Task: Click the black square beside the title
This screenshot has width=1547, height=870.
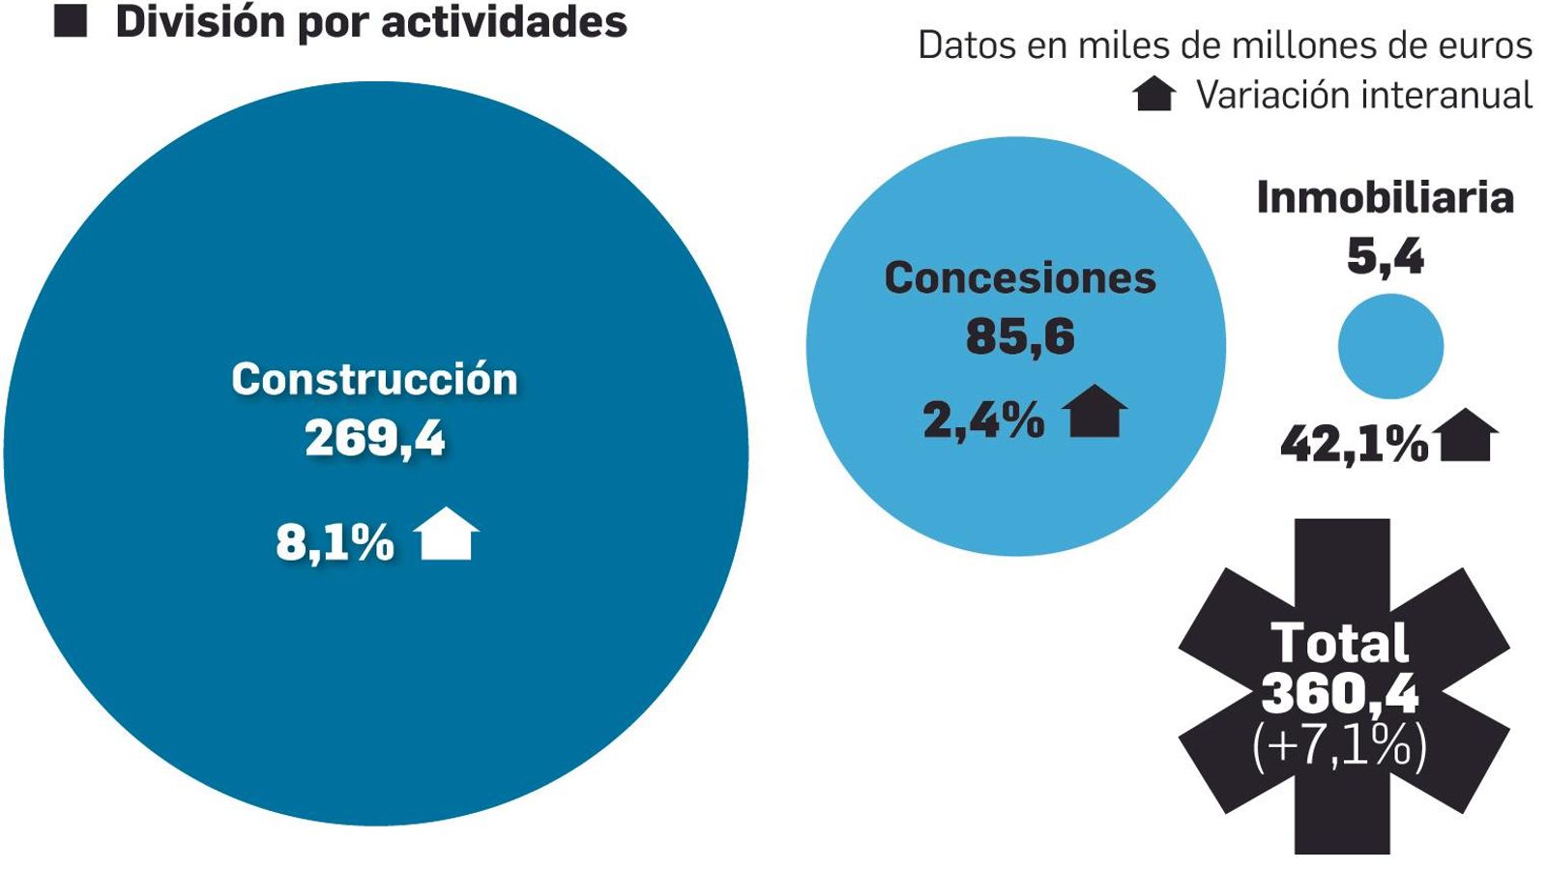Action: pyautogui.click(x=71, y=21)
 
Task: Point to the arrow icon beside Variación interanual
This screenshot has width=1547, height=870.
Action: pyautogui.click(x=1153, y=95)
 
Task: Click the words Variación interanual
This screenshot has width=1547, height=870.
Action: pyautogui.click(x=1363, y=95)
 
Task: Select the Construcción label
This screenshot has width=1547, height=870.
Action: pyautogui.click(x=374, y=379)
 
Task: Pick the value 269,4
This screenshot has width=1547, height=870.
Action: pyautogui.click(x=374, y=438)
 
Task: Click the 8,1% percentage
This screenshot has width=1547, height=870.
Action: pyautogui.click(x=335, y=542)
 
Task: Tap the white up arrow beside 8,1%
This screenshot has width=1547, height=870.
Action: pyautogui.click(x=447, y=535)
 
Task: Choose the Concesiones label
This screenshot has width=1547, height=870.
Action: pyautogui.click(x=1019, y=278)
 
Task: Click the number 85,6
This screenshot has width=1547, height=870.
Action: pyautogui.click(x=1019, y=336)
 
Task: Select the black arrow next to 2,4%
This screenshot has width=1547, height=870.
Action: pyautogui.click(x=1095, y=413)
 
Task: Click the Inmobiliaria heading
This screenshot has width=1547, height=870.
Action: pyautogui.click(x=1385, y=198)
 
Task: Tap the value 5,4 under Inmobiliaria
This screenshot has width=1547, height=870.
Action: pyautogui.click(x=1385, y=256)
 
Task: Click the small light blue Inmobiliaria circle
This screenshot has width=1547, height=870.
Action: pyautogui.click(x=1390, y=346)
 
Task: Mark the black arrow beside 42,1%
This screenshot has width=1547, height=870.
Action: pyautogui.click(x=1468, y=436)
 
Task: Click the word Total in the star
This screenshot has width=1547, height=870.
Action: pyautogui.click(x=1339, y=643)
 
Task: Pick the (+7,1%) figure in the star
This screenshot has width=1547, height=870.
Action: pyautogui.click(x=1339, y=746)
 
